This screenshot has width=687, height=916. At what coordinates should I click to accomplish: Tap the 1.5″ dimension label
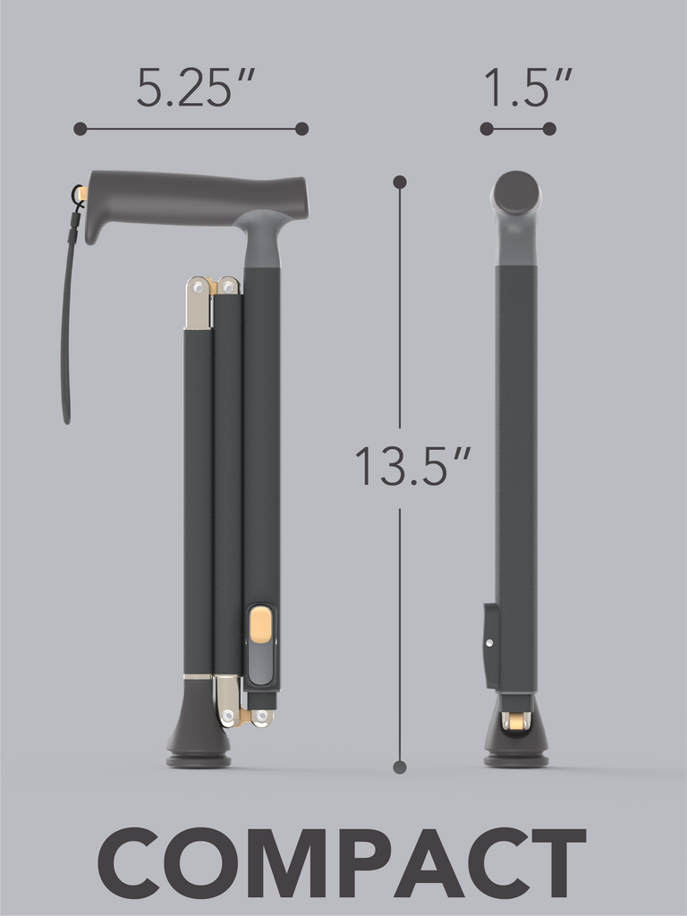(527, 88)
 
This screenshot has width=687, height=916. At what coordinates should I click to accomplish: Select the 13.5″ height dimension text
(412, 466)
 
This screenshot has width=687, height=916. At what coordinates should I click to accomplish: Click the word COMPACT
(343, 863)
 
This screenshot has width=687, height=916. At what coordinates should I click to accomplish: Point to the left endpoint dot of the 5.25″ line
(81, 129)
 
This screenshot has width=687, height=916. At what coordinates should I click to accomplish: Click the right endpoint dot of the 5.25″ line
(302, 129)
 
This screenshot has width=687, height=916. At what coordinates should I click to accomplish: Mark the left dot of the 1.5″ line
(487, 129)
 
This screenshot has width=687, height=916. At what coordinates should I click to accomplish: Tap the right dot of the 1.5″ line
(549, 129)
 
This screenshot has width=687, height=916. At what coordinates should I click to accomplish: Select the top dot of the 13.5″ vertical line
(400, 182)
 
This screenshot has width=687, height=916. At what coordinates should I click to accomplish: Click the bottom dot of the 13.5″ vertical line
(400, 767)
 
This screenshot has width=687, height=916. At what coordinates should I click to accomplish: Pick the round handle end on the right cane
(517, 192)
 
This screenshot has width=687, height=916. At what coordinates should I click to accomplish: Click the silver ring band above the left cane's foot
(198, 677)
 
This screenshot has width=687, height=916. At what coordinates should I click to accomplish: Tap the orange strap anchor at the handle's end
(82, 193)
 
